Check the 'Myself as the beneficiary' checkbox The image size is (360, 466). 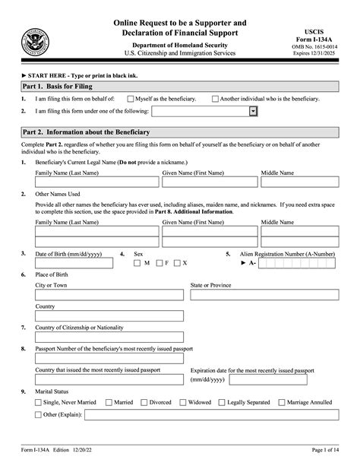pos(131,99)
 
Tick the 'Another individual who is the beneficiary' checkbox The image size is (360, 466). pos(215,99)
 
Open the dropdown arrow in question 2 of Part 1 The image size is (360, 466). pos(253,112)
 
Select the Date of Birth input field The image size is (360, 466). pos(74,263)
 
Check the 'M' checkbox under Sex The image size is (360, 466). pos(137,263)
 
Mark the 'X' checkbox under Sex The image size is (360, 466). pos(176,263)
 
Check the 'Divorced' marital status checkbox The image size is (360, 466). pos(144,402)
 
